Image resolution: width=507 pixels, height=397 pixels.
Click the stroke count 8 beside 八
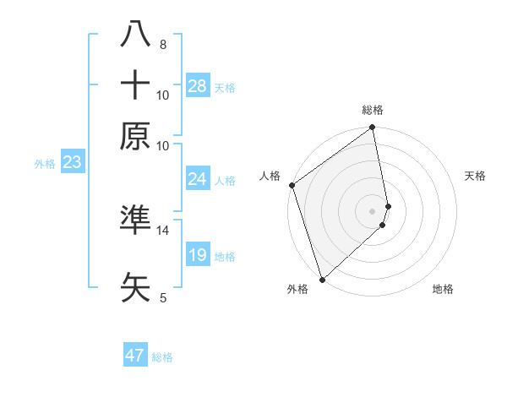[x=162, y=44]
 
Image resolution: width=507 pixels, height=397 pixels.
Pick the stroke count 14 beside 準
[x=163, y=230]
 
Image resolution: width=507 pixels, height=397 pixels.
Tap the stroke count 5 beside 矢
[x=162, y=297]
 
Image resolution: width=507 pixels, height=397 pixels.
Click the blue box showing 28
[x=198, y=86]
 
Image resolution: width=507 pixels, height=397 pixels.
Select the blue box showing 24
[x=197, y=179]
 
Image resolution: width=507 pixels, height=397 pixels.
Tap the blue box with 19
[x=197, y=255]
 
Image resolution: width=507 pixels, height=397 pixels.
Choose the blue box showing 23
[x=72, y=163]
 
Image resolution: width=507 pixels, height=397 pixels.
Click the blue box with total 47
[x=135, y=356]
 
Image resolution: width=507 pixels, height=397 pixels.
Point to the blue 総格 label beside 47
[x=163, y=357]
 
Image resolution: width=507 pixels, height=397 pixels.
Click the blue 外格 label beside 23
[x=45, y=164]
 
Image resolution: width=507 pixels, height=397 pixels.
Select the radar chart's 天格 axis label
[x=475, y=176]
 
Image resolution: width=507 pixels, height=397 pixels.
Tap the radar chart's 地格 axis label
[x=443, y=289]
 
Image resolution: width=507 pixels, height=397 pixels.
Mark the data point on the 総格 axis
[x=373, y=128]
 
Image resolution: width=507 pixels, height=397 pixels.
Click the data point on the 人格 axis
[x=292, y=185]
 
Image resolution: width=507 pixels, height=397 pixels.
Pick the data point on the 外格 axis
[x=322, y=280]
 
